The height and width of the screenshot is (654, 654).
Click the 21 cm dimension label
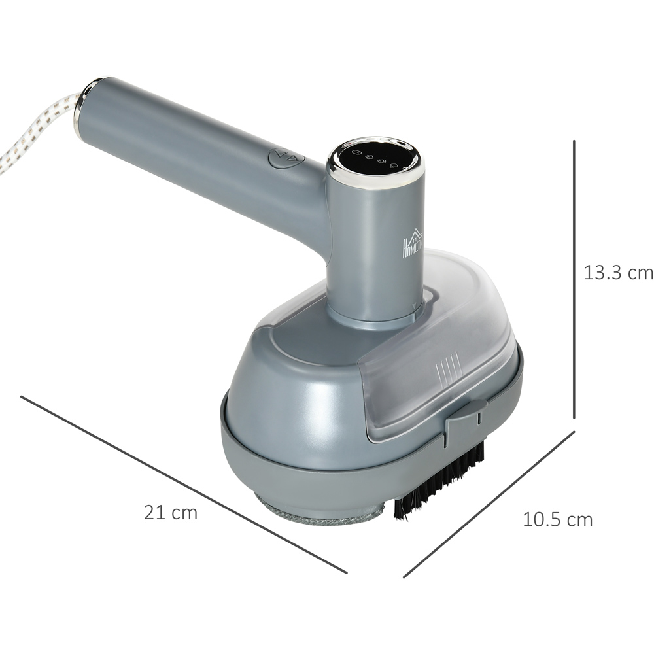171,513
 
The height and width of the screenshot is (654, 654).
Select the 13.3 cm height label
618,273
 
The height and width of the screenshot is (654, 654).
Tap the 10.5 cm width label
557,520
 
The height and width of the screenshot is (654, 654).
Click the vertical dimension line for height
574,279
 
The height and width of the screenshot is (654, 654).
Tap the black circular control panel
375,158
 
